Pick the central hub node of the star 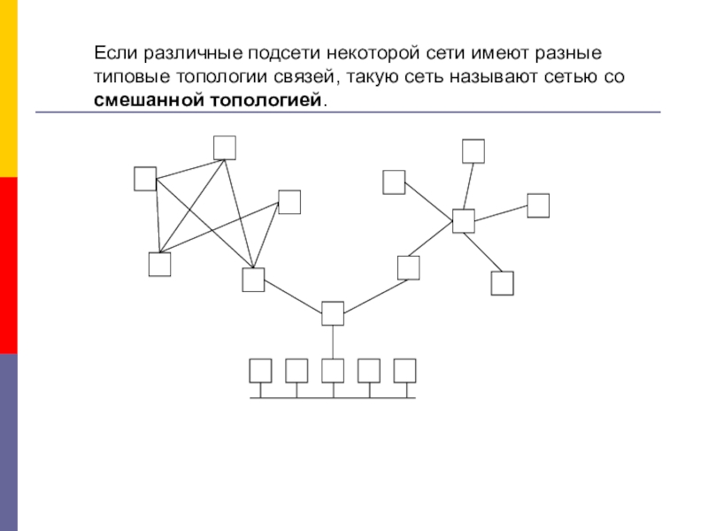(x=464, y=221)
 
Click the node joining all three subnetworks (x=333, y=314)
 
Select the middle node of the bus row (x=333, y=371)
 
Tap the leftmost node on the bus (x=260, y=371)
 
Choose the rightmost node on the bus (x=405, y=371)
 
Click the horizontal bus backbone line (x=333, y=397)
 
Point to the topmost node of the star (x=473, y=151)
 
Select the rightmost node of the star (x=539, y=205)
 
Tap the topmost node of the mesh (x=225, y=148)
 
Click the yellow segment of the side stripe (x=9, y=88)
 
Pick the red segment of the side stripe (x=9, y=265)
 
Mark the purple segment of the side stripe (x=9, y=442)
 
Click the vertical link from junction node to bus (x=333, y=342)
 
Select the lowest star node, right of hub (x=503, y=283)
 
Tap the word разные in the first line (x=568, y=53)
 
